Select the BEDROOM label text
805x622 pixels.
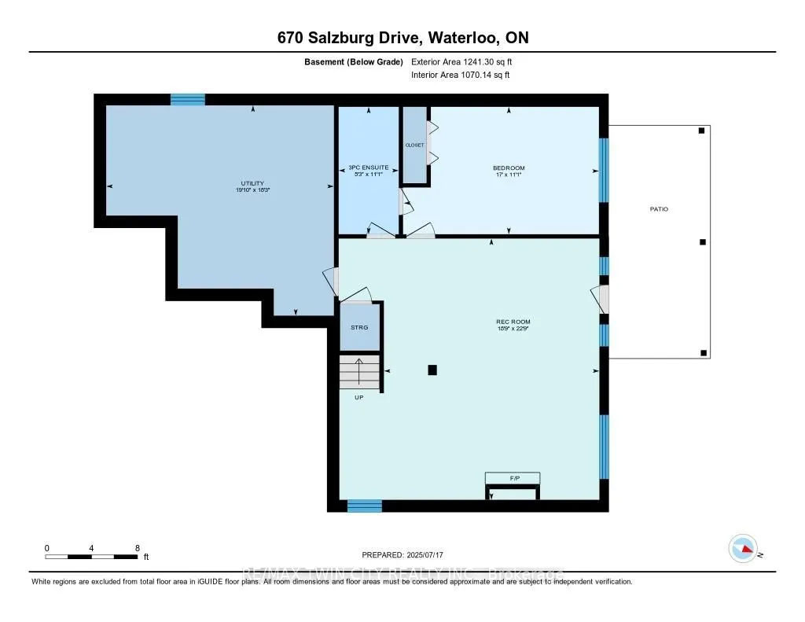(x=509, y=167)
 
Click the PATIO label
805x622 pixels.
(x=659, y=209)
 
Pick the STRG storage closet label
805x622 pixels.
(x=360, y=328)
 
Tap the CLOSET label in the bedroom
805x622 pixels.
(x=414, y=145)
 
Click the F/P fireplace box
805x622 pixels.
(x=513, y=477)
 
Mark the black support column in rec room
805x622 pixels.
(x=432, y=370)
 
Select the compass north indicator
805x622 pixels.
(x=743, y=547)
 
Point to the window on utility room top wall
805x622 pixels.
(x=188, y=99)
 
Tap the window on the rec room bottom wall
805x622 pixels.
(x=365, y=506)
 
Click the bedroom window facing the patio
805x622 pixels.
(x=604, y=170)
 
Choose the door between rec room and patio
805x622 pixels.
(x=602, y=299)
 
